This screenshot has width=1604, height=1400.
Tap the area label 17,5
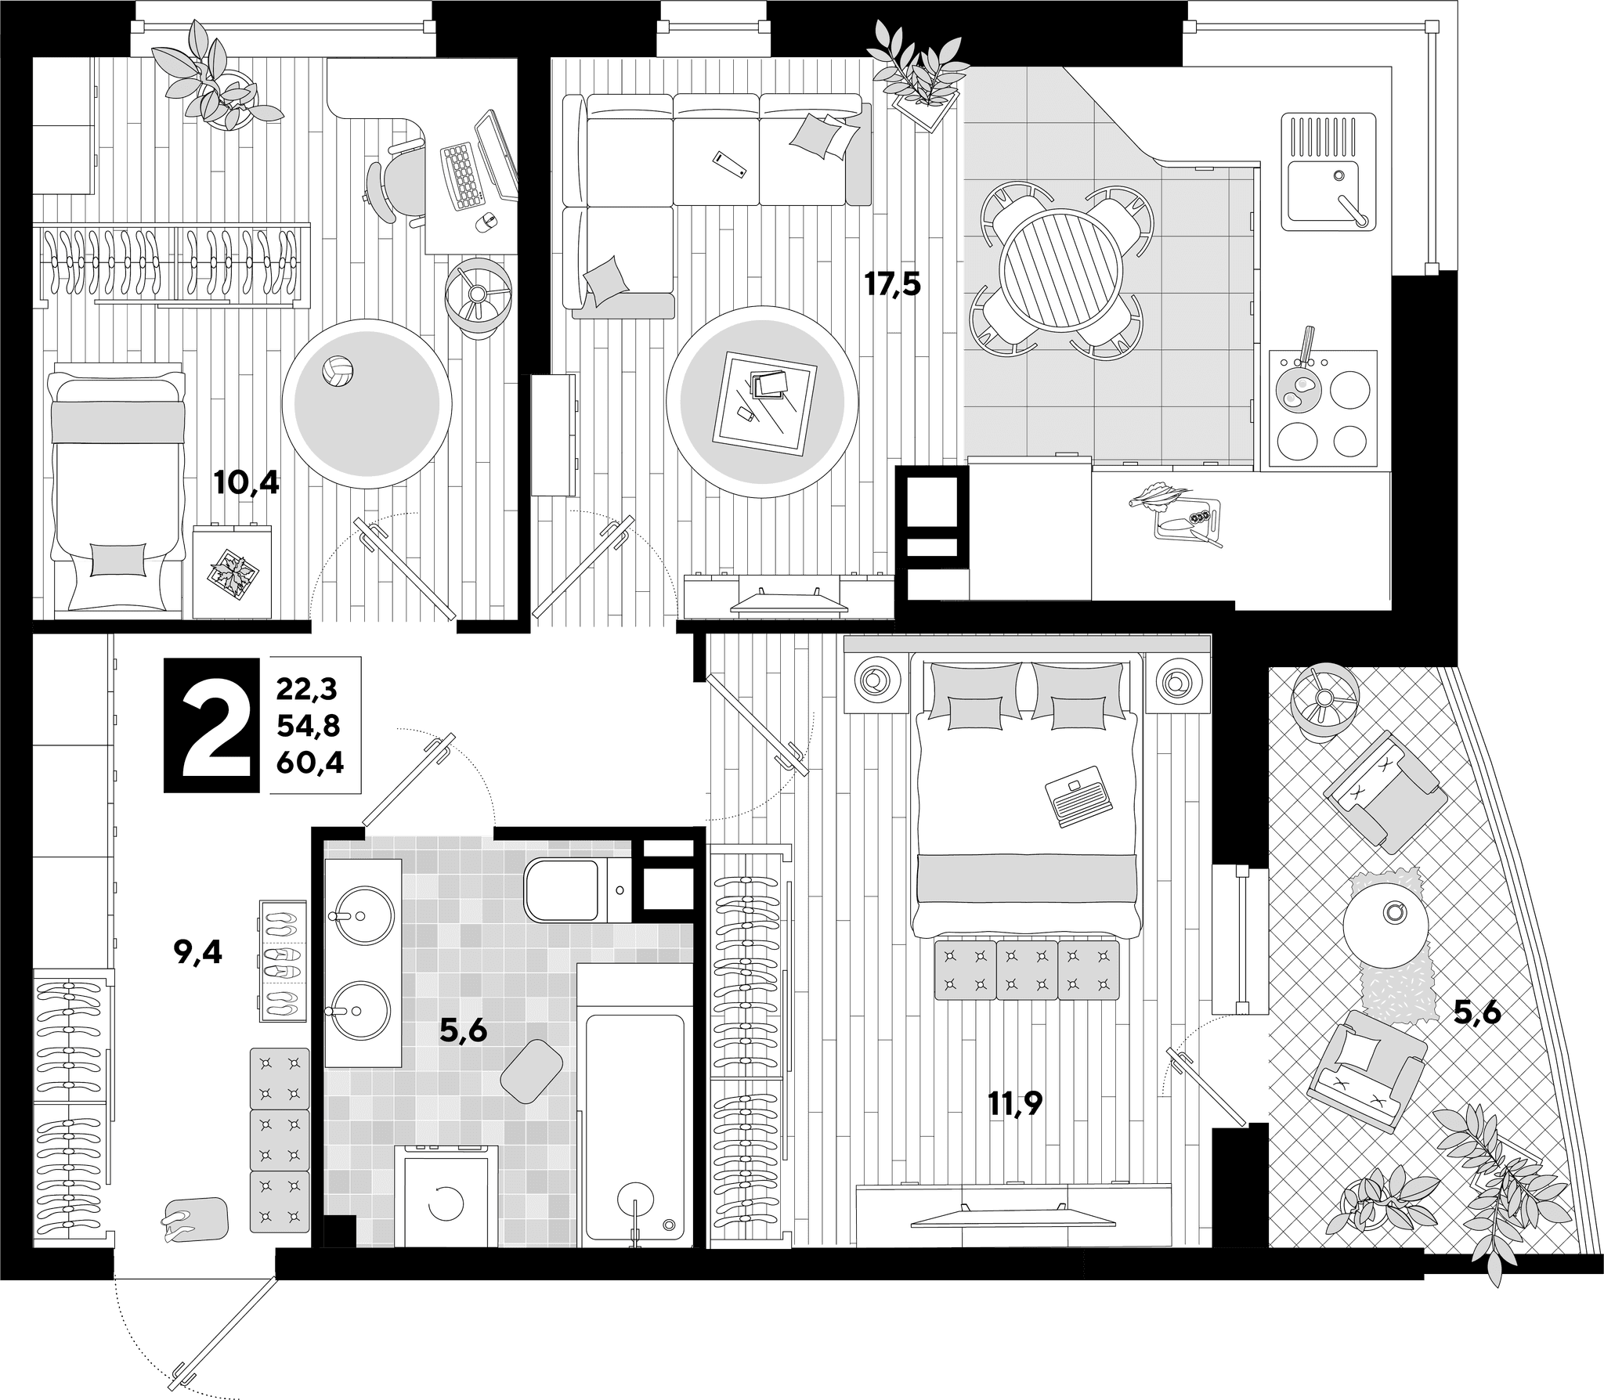pos(892,283)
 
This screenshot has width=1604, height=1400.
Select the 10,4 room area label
pos(246,483)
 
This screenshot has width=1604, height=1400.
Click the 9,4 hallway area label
pos(198,952)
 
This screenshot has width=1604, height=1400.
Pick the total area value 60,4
pos(309,762)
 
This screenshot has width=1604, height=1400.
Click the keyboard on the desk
pos(463,176)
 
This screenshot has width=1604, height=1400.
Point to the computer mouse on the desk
pos(486,221)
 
